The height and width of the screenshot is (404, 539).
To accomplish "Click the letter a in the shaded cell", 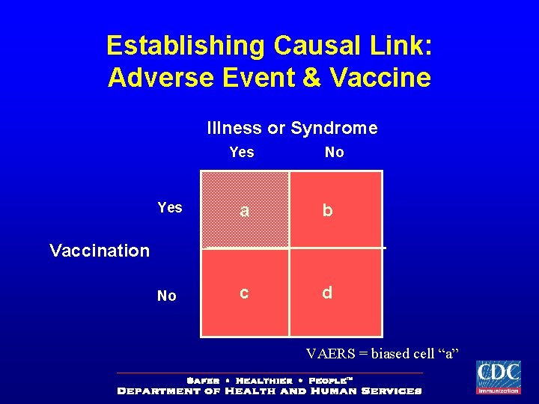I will coord(243,211).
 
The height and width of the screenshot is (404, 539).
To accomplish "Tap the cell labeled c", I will coord(244,293).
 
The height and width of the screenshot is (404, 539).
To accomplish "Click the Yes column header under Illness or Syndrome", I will coord(242,153).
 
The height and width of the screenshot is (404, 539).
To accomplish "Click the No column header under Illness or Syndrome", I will coord(334,153).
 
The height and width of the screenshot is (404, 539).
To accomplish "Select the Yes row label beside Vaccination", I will coord(170,207).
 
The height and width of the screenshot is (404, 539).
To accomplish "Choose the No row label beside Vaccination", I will coord(167,296).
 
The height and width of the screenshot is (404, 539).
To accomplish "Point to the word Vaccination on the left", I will coord(100,251).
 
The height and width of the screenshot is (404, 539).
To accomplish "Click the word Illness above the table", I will coord(230,128).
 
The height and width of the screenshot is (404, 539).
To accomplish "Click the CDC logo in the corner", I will coord(498,377).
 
